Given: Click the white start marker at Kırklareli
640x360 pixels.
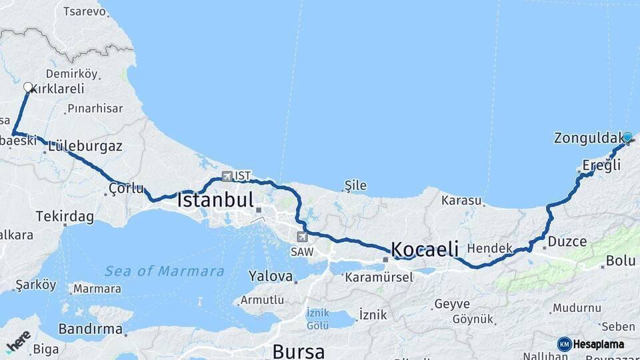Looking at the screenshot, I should click(x=28, y=87).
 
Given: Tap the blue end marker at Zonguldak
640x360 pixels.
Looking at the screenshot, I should click(x=627, y=137).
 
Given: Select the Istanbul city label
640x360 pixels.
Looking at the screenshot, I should click(x=215, y=199).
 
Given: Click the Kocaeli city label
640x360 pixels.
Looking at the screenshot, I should click(x=425, y=249).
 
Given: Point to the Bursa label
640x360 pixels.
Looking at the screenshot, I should click(x=298, y=351).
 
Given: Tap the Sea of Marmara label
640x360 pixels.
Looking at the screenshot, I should click(x=164, y=271).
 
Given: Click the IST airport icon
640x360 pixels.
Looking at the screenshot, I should click(x=227, y=176).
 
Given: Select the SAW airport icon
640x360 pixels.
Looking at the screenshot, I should click(x=303, y=237).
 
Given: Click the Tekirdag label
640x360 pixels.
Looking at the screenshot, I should click(x=65, y=216).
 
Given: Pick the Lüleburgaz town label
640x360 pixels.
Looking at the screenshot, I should click(x=85, y=145).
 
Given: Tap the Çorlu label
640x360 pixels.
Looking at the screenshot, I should click(x=126, y=189).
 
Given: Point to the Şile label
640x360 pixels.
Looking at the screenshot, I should click(x=355, y=185).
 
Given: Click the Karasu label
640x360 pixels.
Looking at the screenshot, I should click(x=461, y=200).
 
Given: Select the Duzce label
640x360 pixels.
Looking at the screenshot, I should click(x=568, y=241).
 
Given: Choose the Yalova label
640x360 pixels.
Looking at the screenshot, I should click(x=270, y=275).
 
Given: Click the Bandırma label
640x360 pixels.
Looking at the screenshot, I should click(x=90, y=329).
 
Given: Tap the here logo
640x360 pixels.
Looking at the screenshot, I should click(x=18, y=341).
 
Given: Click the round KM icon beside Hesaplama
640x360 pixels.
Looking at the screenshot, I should click(x=564, y=344).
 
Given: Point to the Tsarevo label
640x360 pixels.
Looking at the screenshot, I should click(x=84, y=11).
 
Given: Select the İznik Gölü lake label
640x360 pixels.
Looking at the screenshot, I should click(x=318, y=319).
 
